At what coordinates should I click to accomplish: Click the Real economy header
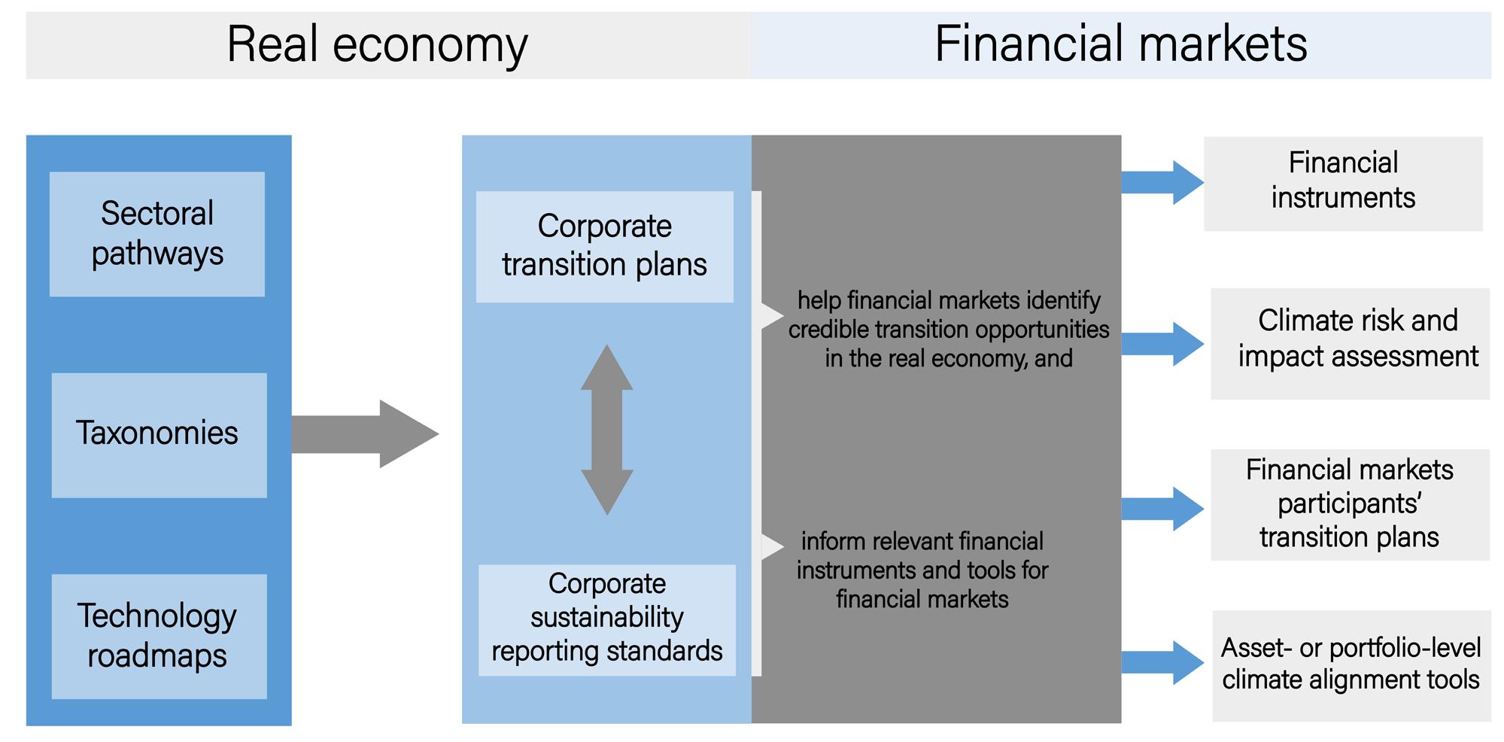pyautogui.click(x=377, y=44)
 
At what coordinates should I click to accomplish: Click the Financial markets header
pyautogui.click(x=1120, y=44)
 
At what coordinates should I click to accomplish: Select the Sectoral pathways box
pyautogui.click(x=157, y=234)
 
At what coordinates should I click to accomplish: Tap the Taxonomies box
pyautogui.click(x=158, y=434)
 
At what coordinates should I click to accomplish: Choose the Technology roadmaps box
pyautogui.click(x=158, y=636)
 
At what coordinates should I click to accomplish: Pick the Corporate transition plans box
pyautogui.click(x=604, y=246)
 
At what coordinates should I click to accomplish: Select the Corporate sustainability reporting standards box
pyautogui.click(x=606, y=619)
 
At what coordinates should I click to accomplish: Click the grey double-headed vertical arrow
pyautogui.click(x=606, y=430)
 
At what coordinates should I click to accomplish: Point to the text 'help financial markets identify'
pyautogui.click(x=948, y=301)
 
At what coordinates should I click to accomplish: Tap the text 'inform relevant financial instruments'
pyautogui.click(x=922, y=555)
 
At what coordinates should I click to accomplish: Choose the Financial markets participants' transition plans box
pyautogui.click(x=1349, y=504)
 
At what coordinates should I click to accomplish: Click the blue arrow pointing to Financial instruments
pyautogui.click(x=1162, y=182)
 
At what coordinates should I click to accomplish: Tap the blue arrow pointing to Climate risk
pyautogui.click(x=1162, y=344)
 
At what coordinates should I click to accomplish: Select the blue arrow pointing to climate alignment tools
pyautogui.click(x=1162, y=662)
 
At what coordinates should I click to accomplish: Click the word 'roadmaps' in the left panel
pyautogui.click(x=157, y=655)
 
